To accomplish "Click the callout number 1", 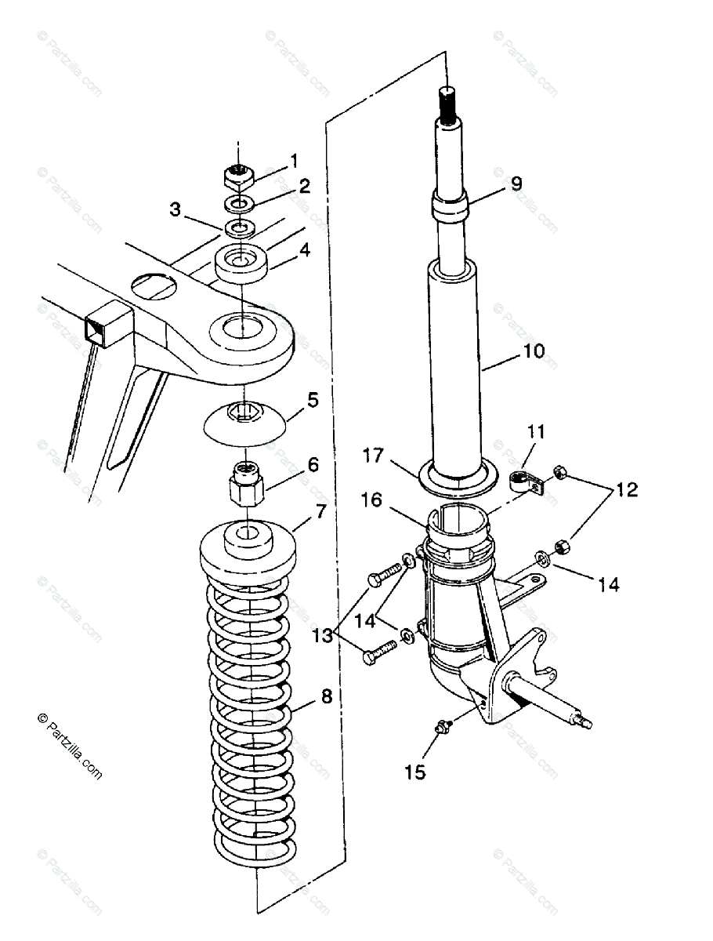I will (294, 161).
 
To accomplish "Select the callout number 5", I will (313, 400).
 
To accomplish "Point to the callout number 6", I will (313, 464).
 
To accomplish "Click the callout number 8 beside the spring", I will (326, 696).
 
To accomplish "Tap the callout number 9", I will (515, 183).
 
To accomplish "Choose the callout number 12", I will (627, 491).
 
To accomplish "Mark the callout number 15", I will (415, 772).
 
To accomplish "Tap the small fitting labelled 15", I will (442, 727).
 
